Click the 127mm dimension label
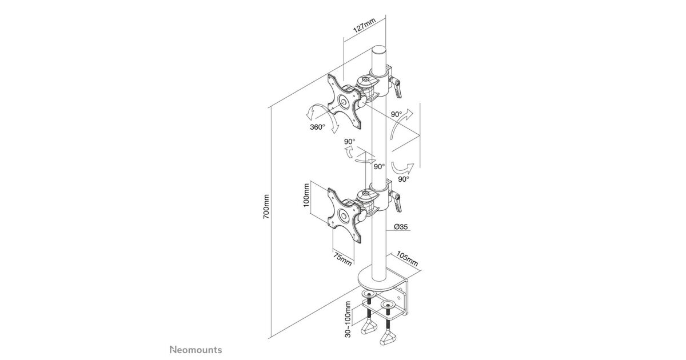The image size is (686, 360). [x=365, y=25]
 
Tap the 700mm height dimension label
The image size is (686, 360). [x=266, y=206]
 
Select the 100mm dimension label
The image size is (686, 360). [x=306, y=195]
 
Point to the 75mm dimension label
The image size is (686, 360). [x=342, y=259]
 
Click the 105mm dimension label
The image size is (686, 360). [x=407, y=259]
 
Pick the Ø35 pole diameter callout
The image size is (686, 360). [x=401, y=227]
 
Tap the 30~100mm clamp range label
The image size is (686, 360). [x=348, y=319]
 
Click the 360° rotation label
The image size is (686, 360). [x=317, y=127]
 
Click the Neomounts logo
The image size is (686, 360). [x=196, y=350]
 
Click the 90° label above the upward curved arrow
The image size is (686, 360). [x=396, y=114]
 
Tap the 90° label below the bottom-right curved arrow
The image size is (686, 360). [x=404, y=179]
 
